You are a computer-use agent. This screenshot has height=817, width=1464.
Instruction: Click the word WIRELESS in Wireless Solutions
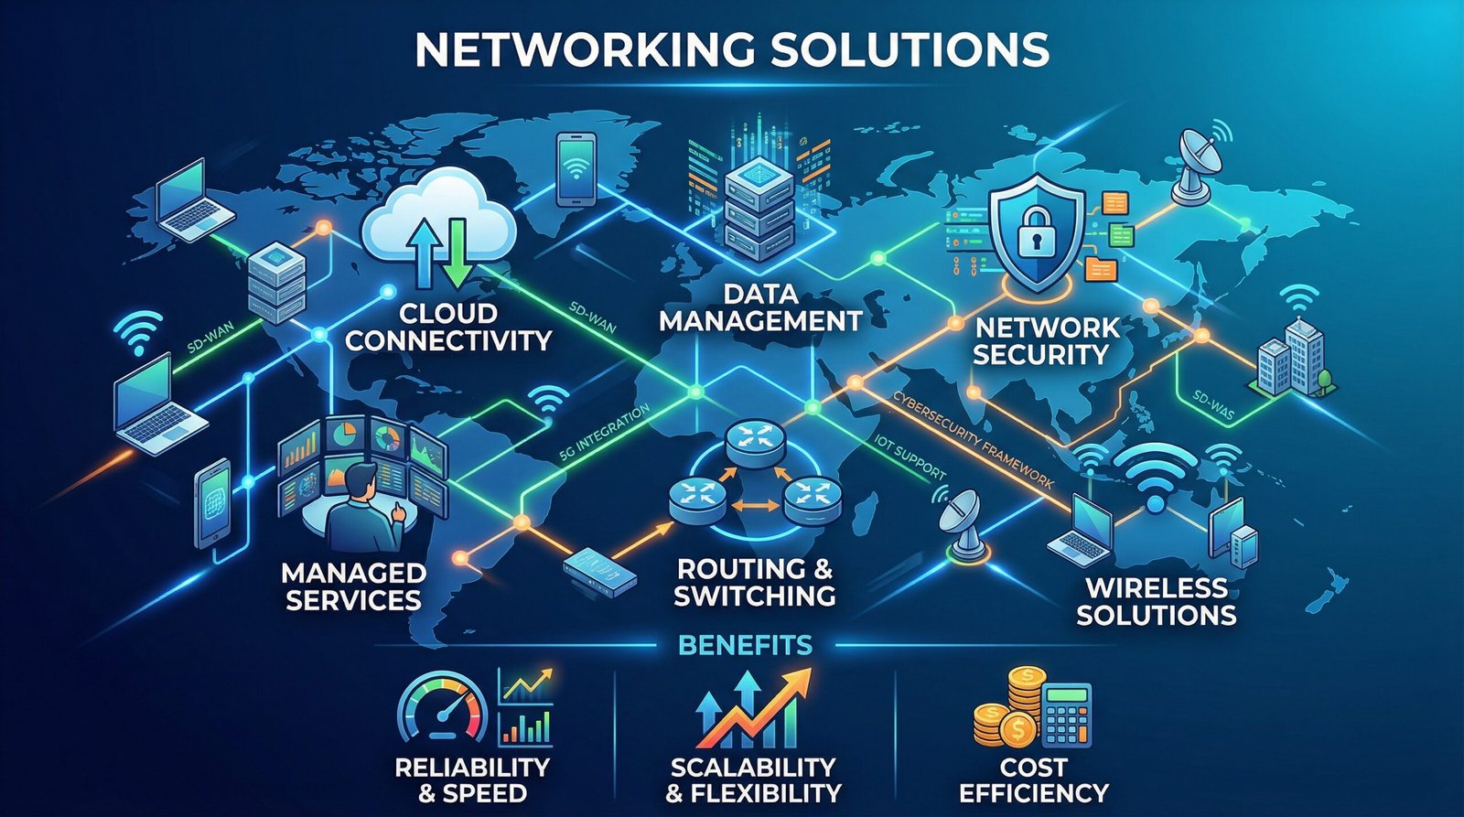pos(1156,586)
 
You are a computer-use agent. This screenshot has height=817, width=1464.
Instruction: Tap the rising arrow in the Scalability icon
pos(769,704)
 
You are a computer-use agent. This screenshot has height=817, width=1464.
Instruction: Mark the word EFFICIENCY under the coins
pos(1034,791)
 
